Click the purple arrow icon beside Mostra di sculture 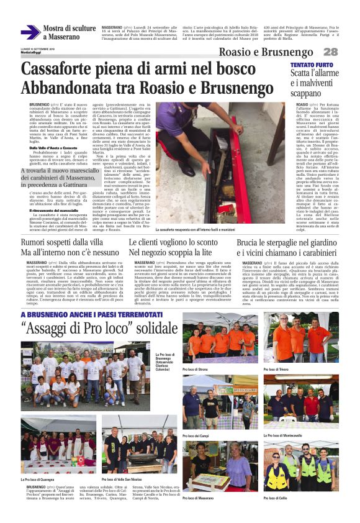click(x=30, y=32)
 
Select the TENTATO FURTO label click(x=311, y=65)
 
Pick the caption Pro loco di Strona click(x=197, y=369)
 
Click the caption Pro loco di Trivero click(x=277, y=369)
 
